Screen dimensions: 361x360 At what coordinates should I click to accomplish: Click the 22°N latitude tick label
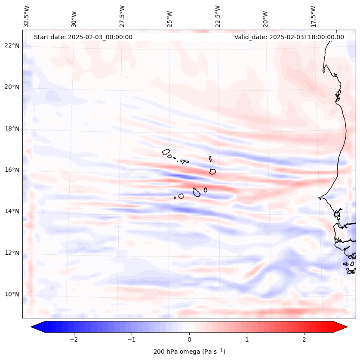(12, 46)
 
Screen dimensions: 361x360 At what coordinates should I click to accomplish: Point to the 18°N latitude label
(12, 129)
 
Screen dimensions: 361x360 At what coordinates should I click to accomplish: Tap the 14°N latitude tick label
(12, 211)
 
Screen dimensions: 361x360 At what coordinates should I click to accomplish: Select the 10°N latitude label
(12, 294)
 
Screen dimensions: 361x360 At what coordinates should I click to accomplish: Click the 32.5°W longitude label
(27, 16)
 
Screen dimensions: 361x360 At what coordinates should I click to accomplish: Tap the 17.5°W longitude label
(313, 16)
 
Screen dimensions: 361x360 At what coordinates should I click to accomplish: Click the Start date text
(83, 37)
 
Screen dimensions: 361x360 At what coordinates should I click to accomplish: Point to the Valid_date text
(289, 37)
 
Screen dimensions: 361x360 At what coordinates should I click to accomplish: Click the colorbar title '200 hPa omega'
(189, 352)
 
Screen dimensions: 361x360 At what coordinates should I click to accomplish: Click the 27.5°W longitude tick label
(122, 16)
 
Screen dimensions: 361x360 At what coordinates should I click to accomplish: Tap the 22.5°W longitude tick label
(218, 16)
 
